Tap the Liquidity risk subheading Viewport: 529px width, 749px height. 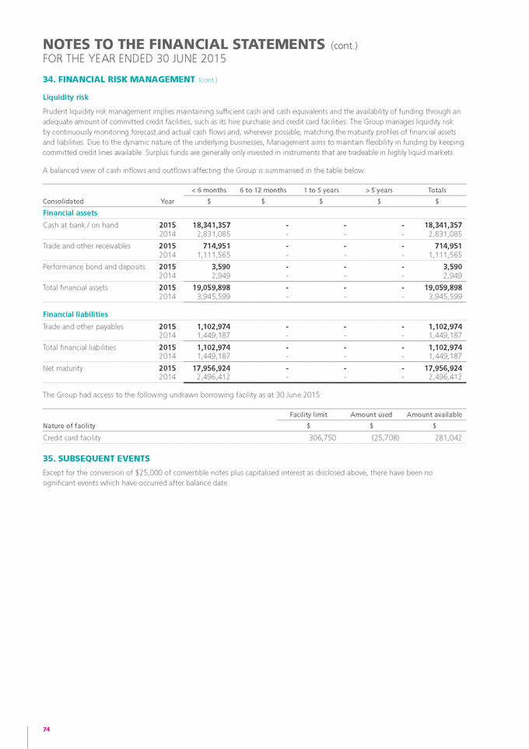coord(65,97)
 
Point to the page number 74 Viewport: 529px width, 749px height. coord(47,729)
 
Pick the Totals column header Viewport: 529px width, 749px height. coord(437,190)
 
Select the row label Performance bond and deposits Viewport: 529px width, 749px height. coord(94,266)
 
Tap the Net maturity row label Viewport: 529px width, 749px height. coord(63,367)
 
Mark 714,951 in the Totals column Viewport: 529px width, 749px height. coord(446,245)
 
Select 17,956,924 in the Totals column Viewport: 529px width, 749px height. coord(438,367)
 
